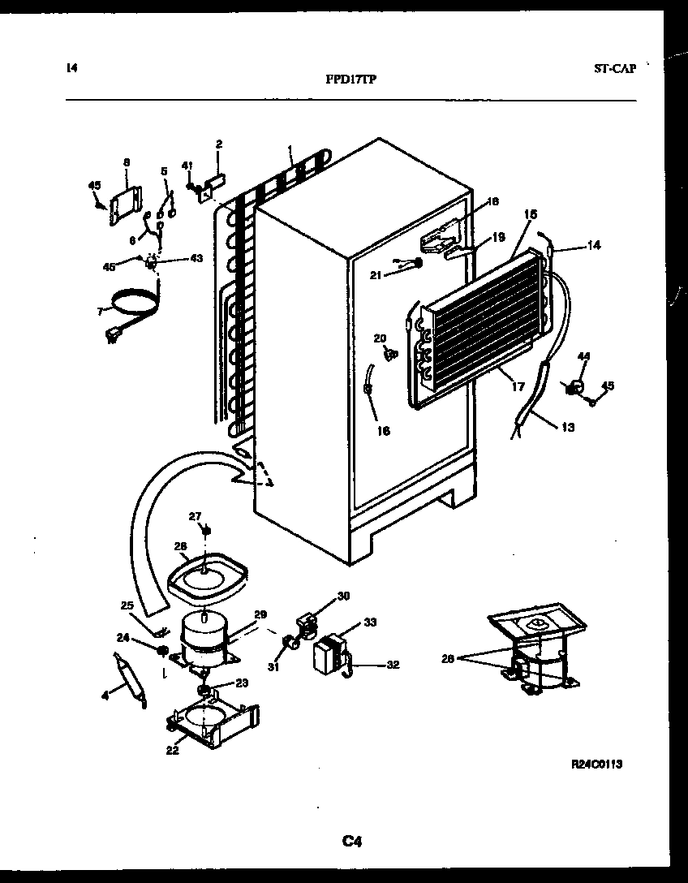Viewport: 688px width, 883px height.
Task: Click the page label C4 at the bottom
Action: (350, 842)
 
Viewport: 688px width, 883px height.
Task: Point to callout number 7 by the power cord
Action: (100, 311)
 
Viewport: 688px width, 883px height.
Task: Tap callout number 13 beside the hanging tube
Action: (567, 427)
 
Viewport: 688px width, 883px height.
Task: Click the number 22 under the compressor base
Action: (172, 750)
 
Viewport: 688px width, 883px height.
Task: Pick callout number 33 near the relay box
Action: (369, 622)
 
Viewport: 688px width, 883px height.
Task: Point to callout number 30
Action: (343, 596)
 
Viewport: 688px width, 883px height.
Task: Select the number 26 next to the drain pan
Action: (180, 545)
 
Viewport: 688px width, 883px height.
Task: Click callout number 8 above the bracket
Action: (127, 162)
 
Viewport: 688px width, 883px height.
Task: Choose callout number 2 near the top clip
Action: (218, 144)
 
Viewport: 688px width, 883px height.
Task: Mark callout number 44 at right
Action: (583, 356)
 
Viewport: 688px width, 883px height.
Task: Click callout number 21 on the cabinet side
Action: (376, 276)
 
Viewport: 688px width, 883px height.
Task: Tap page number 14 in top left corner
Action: (71, 68)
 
